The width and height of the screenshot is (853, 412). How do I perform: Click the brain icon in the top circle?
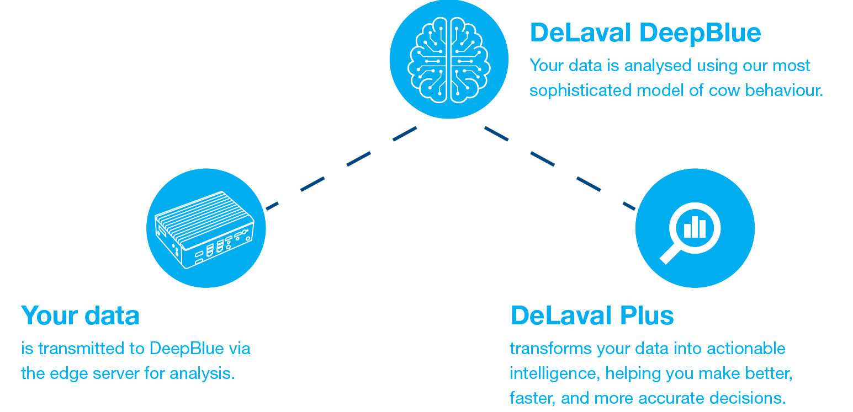[x=449, y=60]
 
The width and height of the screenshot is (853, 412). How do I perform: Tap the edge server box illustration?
[x=205, y=228]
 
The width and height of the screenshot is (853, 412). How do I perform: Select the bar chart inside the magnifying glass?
[x=695, y=227]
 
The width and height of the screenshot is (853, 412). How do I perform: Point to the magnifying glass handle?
[x=670, y=254]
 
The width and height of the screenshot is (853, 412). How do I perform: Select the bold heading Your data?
[x=80, y=315]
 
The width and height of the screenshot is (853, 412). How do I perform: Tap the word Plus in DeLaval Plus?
[x=647, y=315]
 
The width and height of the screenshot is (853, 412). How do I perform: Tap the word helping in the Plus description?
[x=633, y=373]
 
